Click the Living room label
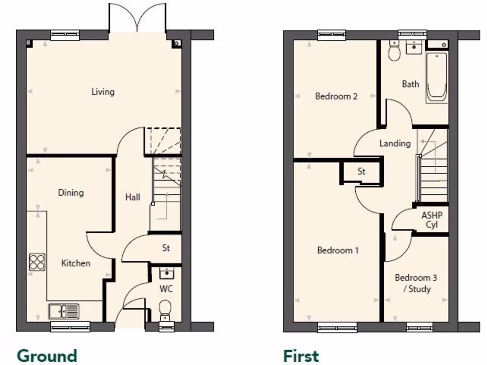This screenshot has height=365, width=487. [x=103, y=92]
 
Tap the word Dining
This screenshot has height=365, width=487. [x=71, y=192]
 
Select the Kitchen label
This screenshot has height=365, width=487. [x=76, y=263]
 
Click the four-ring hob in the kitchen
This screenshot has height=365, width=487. [x=37, y=262]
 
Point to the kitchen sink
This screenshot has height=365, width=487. [x=64, y=311]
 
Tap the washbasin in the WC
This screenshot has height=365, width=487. [x=166, y=273]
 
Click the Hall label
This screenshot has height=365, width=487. [x=133, y=197]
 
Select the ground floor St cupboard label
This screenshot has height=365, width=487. [x=166, y=248]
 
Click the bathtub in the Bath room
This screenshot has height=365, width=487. [x=436, y=77]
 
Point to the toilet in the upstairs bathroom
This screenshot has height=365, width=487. [x=394, y=51]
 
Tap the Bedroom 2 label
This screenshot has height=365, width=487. [x=336, y=96]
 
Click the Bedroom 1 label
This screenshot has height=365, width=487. [x=338, y=250]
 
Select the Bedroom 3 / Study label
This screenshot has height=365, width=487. [x=416, y=283]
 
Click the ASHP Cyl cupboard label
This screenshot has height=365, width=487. [x=431, y=220]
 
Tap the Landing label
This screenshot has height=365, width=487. [x=395, y=143]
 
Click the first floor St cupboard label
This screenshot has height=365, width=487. [x=361, y=172]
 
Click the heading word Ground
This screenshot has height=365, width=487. [x=47, y=355]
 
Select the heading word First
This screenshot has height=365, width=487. [x=301, y=355]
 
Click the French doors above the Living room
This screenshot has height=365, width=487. [x=137, y=19]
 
